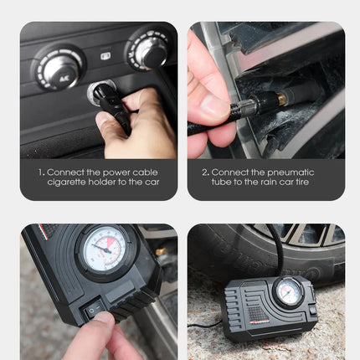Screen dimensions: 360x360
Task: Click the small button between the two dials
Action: click(105, 56)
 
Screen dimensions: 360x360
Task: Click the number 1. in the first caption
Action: click(40, 172)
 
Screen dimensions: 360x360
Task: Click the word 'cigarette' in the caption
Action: click(70, 182)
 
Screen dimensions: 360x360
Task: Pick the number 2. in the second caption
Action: click(205, 172)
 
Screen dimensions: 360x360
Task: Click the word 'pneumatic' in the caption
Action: click(301, 172)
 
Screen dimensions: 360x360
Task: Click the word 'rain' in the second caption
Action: click(260, 182)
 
